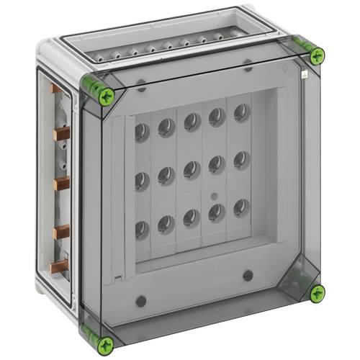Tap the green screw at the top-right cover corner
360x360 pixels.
click(x=316, y=55)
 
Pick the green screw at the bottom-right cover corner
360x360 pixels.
click(x=316, y=292)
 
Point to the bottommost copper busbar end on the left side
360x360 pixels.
click(x=61, y=264)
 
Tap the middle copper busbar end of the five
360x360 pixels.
click(x=61, y=183)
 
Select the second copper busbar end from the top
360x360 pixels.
click(x=60, y=134)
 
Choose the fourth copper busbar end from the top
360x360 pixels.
click(x=61, y=230)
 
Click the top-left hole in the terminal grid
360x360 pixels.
click(x=142, y=132)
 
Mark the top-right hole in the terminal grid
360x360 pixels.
click(x=241, y=112)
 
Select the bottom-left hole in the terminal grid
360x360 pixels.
click(x=142, y=229)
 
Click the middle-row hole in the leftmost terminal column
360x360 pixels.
click(x=142, y=181)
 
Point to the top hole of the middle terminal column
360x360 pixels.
click(x=192, y=120)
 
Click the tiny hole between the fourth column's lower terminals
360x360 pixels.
click(x=213, y=196)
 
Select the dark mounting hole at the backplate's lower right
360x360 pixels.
click(x=248, y=275)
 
